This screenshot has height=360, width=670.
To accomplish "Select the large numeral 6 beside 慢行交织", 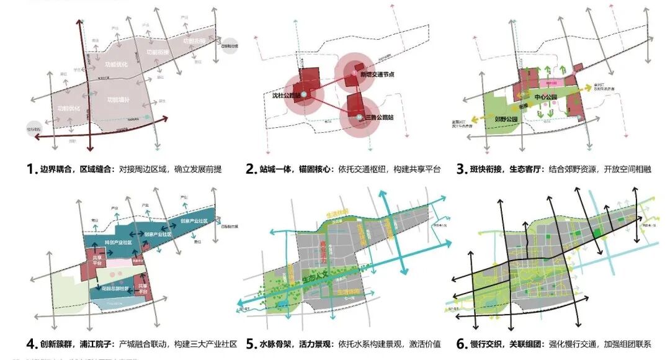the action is [461, 344].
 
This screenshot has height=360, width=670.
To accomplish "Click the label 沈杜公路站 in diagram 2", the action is [286, 96].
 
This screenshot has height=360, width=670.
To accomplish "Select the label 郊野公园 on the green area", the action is [506, 117].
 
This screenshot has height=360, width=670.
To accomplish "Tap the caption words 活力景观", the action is [318, 344].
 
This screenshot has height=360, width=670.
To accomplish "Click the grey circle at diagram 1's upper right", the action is [230, 45].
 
